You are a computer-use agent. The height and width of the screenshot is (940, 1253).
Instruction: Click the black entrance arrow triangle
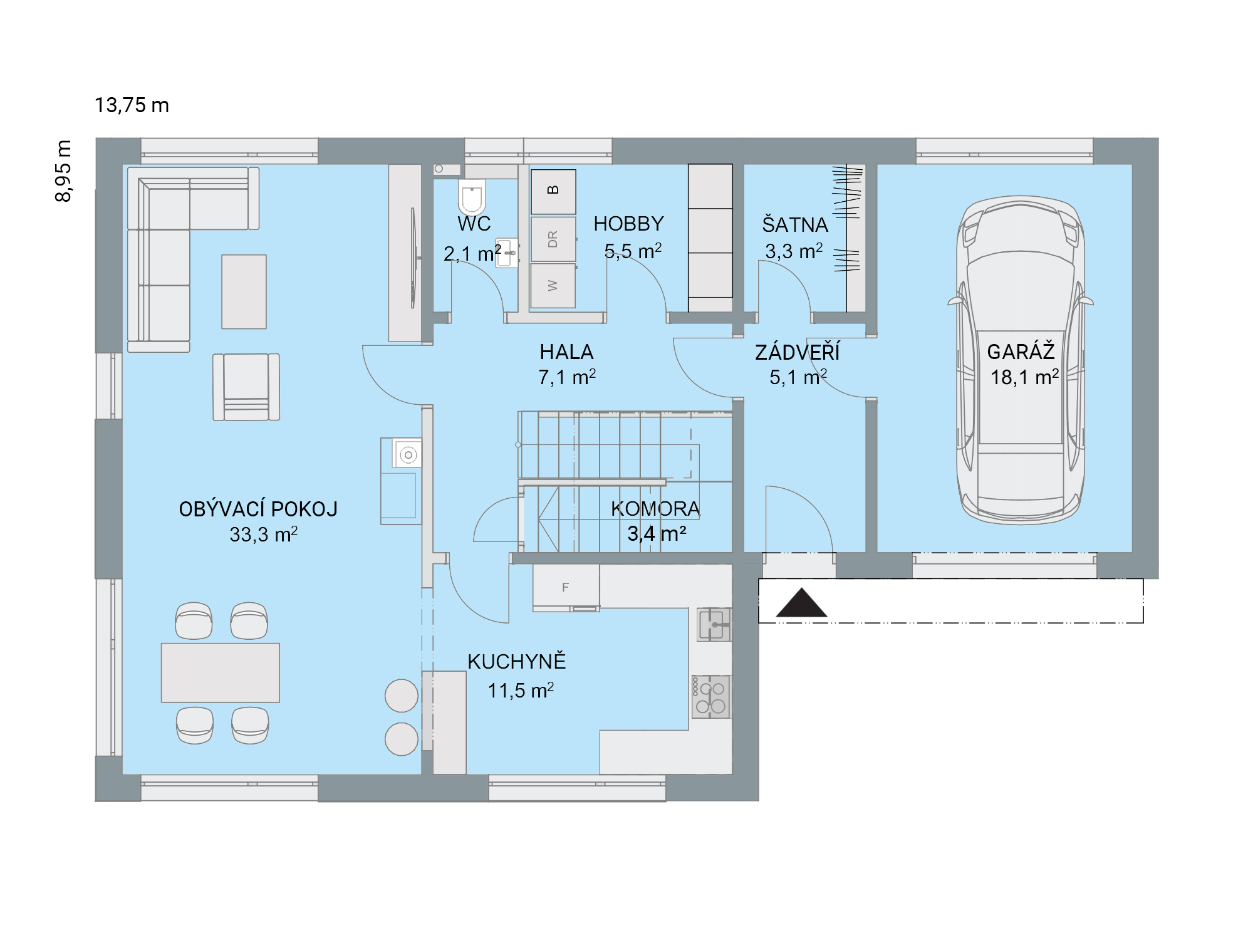pyautogui.click(x=801, y=603)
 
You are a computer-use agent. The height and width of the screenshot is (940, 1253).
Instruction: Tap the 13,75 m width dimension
pyautogui.click(x=132, y=105)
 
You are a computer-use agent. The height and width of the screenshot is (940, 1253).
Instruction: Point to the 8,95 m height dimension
pyautogui.click(x=63, y=171)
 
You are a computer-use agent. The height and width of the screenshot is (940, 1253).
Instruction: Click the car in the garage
pyautogui.click(x=1021, y=360)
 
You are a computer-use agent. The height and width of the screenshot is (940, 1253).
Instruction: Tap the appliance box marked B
pyautogui.click(x=553, y=191)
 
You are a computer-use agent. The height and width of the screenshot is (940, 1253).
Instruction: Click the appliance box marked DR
pyautogui.click(x=553, y=239)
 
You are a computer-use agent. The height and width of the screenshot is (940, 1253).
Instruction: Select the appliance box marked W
pyautogui.click(x=553, y=286)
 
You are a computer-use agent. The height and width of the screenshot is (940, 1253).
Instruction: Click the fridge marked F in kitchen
pyautogui.click(x=566, y=588)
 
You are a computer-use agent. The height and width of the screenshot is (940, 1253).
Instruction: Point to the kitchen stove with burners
pyautogui.click(x=711, y=696)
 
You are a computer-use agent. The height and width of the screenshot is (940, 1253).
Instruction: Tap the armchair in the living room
pyautogui.click(x=246, y=387)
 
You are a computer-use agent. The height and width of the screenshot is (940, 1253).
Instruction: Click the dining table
pyautogui.click(x=221, y=672)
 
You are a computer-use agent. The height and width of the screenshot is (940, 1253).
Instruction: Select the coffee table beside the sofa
pyautogui.click(x=244, y=291)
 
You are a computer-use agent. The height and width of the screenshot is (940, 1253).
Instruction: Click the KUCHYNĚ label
pyautogui.click(x=517, y=662)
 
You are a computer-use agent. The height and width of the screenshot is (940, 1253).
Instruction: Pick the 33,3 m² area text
pyautogui.click(x=263, y=535)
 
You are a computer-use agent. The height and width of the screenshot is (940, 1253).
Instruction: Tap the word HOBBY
pyautogui.click(x=628, y=224)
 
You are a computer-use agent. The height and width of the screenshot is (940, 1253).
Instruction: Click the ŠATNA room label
pyautogui.click(x=795, y=224)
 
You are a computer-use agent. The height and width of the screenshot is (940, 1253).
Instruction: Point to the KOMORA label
pyautogui.click(x=655, y=508)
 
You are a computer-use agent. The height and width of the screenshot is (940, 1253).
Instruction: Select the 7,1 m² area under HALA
pyautogui.click(x=567, y=377)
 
